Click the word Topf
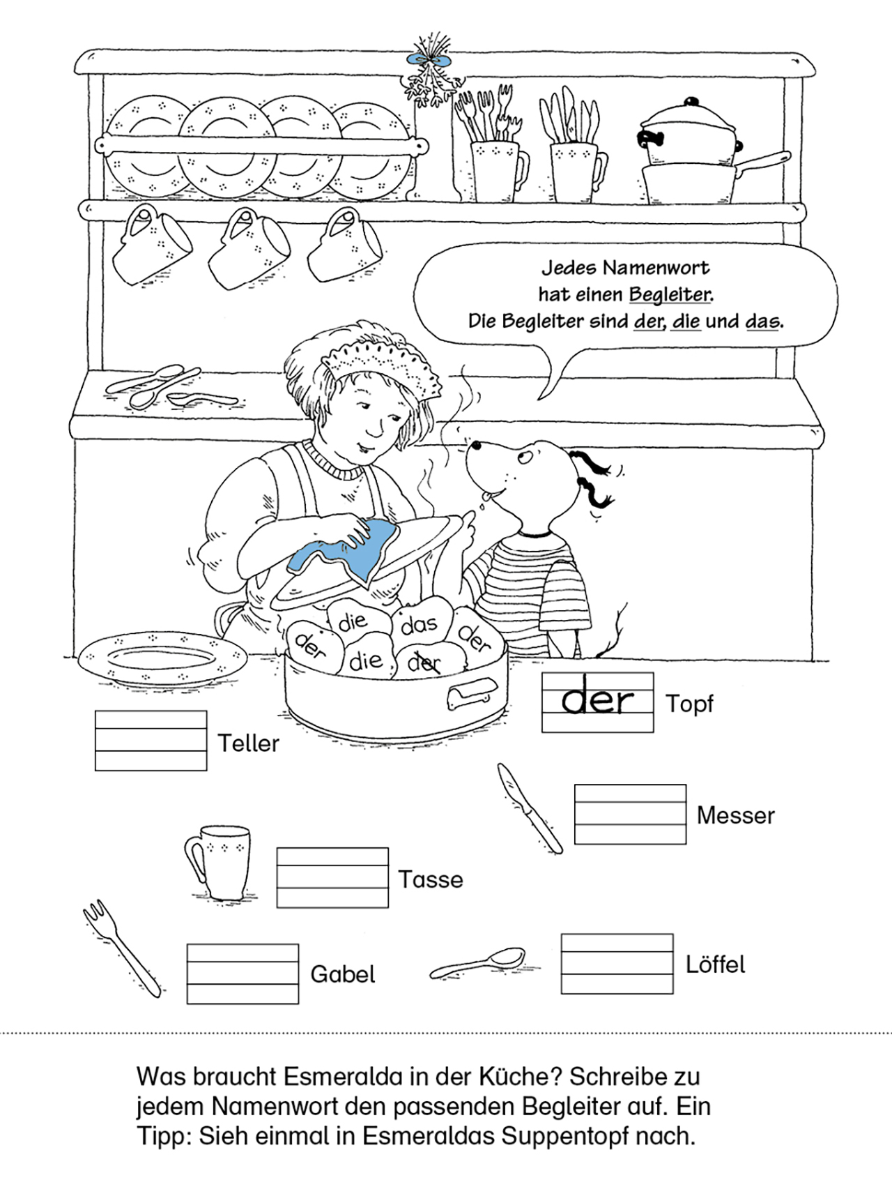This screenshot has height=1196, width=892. coord(689,704)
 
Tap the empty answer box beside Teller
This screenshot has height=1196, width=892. coord(151,741)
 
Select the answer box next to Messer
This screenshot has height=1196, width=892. coord(630,814)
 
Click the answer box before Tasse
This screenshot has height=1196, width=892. coord(332,877)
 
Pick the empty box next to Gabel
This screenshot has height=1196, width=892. coord(243,974)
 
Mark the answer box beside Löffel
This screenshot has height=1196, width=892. coord(617,964)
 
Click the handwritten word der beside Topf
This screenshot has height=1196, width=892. coord(598,699)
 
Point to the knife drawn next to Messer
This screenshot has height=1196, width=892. coord(529,808)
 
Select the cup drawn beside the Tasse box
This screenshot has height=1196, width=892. coord(217,862)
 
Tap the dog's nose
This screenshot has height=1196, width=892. coord(474,444)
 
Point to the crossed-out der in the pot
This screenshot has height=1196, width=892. coord(424,663)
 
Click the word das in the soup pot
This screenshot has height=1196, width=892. coord(419,624)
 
